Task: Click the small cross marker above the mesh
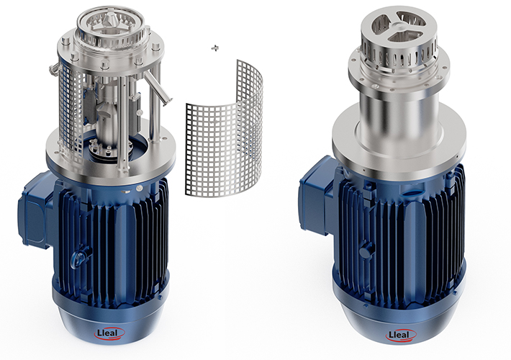[214, 48]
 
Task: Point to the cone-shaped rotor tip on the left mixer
[110, 21]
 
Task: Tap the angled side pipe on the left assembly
[157, 86]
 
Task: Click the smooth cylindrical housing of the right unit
[399, 121]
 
